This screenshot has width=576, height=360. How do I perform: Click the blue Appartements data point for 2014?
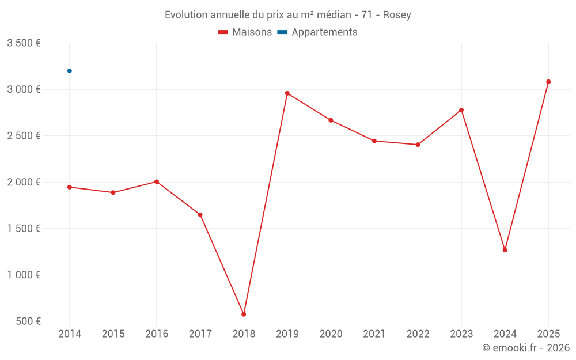pyautogui.click(x=70, y=71)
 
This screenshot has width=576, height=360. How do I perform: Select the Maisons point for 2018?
pyautogui.click(x=244, y=314)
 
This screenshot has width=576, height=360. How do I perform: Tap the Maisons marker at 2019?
pyautogui.click(x=287, y=93)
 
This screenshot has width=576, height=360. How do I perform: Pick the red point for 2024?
pyautogui.click(x=505, y=250)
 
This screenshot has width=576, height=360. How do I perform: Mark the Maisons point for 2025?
pyautogui.click(x=548, y=82)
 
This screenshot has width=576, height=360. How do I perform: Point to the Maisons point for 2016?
pyautogui.click(x=157, y=182)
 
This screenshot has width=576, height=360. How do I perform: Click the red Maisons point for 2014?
pyautogui.click(x=70, y=187)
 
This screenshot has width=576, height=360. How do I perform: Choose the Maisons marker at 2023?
pyautogui.click(x=461, y=110)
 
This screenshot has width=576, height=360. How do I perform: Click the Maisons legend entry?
pyautogui.click(x=245, y=32)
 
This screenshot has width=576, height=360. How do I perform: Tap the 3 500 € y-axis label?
pyautogui.click(x=24, y=43)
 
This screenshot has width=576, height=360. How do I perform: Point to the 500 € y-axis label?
pyautogui.click(x=28, y=321)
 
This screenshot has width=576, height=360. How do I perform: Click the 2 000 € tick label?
pyautogui.click(x=24, y=182)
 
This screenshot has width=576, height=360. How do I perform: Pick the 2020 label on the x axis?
pyautogui.click(x=331, y=334)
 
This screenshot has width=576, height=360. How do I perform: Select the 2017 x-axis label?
pyautogui.click(x=200, y=334)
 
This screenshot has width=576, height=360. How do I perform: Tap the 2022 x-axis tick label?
pyautogui.click(x=418, y=334)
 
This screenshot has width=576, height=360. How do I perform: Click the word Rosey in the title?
pyautogui.click(x=397, y=15)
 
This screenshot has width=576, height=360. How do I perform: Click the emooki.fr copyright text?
pyautogui.click(x=526, y=348)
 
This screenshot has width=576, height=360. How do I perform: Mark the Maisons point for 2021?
pyautogui.click(x=374, y=141)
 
